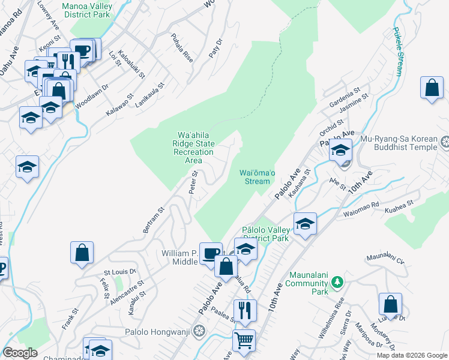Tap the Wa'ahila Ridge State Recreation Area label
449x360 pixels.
tap(193, 147)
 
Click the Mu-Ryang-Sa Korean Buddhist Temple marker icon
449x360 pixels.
tap(444, 143)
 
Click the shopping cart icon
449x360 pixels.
tap(244, 340)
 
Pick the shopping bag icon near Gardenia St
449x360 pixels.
tap(432, 88)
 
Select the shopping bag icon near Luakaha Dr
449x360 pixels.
tap(391, 304)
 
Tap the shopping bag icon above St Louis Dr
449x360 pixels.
tap(82, 253)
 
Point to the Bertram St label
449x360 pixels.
tap(154, 221)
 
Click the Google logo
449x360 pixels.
tap(20, 353)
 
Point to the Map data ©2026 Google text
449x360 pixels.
tap(411, 355)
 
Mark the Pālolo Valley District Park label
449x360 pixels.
tap(265, 234)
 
